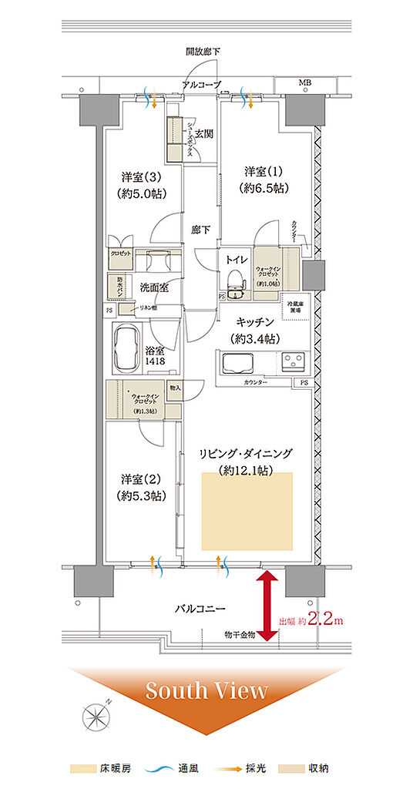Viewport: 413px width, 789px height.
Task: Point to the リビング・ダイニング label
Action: point(248,460)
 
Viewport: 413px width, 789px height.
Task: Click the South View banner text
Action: point(206,690)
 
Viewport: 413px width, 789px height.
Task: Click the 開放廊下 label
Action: point(203,52)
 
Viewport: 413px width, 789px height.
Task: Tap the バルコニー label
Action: point(198,609)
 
